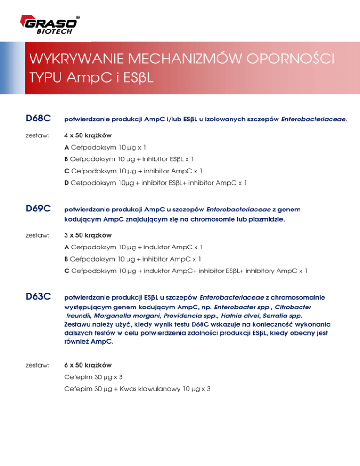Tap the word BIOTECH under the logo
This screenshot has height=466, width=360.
point(55,32)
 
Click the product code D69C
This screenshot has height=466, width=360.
point(38,208)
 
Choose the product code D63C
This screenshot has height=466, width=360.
point(38,297)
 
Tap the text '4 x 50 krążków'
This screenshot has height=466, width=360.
point(88,135)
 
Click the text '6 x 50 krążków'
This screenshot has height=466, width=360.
point(88,364)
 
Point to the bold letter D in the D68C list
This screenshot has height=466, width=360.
point(67,182)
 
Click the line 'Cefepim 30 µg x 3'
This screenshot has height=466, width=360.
point(94,376)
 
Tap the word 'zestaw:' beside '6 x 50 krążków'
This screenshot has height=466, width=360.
point(37,364)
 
